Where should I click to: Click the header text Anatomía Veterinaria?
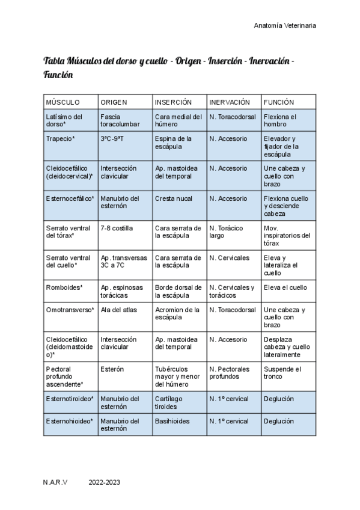[x=285, y=25]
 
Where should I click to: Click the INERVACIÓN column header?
[x=233, y=102]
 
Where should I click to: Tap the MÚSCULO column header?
[x=63, y=102]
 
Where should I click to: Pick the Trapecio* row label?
[x=60, y=139]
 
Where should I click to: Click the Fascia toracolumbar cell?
[x=120, y=120]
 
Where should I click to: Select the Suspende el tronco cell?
[x=281, y=372]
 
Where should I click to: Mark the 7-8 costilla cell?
[x=117, y=228]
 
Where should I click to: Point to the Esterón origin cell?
[x=112, y=369]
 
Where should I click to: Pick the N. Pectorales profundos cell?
[x=232, y=372]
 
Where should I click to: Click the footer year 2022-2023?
[x=105, y=482]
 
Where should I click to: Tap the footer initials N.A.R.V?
[x=55, y=482]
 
